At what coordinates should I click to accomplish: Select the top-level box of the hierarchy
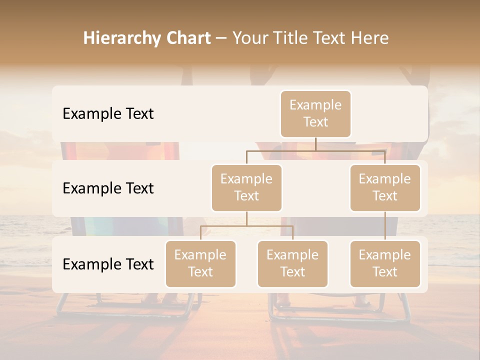[315, 114]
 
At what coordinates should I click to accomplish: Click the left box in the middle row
[246, 188]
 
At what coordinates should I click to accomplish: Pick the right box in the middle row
[385, 188]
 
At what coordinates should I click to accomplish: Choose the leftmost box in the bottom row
[200, 264]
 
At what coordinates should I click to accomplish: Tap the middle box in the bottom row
[292, 264]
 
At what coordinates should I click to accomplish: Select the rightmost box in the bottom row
[385, 264]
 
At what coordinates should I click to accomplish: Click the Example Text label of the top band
[108, 114]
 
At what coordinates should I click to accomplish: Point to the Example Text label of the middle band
[108, 188]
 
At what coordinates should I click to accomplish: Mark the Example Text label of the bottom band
[108, 264]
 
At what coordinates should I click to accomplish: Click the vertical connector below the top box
[315, 144]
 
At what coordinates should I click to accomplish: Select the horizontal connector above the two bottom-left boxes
[246, 226]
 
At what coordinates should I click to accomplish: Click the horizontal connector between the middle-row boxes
[315, 150]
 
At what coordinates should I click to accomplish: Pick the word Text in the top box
[315, 122]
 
